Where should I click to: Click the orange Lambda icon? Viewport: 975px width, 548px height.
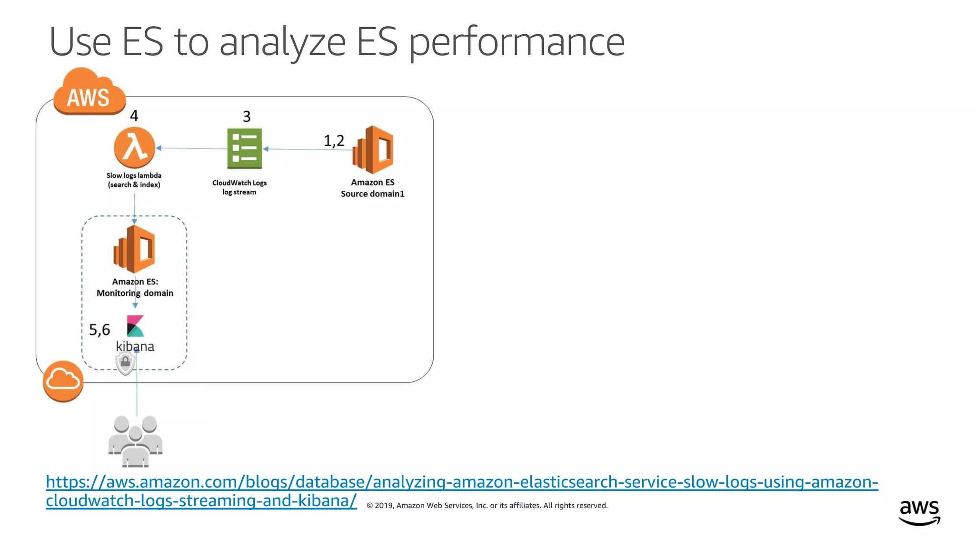click(x=135, y=147)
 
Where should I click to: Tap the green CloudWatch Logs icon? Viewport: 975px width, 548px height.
click(x=244, y=148)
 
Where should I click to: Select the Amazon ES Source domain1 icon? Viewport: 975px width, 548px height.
click(x=373, y=149)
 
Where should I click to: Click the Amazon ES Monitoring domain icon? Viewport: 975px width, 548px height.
click(x=135, y=249)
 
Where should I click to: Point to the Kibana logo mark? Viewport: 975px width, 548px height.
click(x=135, y=326)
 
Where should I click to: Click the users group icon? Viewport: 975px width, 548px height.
click(x=136, y=441)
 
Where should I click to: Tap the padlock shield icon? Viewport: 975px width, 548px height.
click(x=126, y=363)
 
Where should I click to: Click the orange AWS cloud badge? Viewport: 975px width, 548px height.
click(x=89, y=92)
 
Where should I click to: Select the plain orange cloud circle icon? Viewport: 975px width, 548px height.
click(x=63, y=381)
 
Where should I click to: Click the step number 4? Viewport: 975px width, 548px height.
click(x=134, y=116)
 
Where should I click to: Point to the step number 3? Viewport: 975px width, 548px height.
click(x=247, y=117)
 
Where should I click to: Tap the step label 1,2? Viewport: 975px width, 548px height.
click(x=334, y=141)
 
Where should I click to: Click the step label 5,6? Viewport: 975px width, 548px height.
click(x=99, y=330)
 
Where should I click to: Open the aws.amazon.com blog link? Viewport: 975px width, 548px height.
click(x=462, y=482)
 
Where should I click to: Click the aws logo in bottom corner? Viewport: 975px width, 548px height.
click(x=919, y=512)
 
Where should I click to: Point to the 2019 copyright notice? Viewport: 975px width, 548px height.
click(x=487, y=506)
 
